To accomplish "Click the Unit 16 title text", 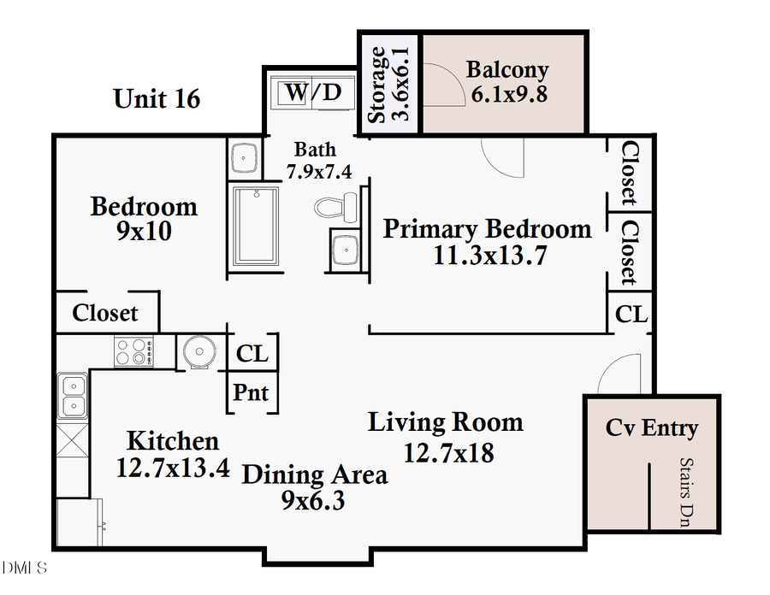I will (x=157, y=98).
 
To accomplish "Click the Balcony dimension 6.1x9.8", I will (x=509, y=94).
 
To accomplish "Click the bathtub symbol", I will (x=255, y=225).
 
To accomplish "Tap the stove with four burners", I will (x=134, y=352).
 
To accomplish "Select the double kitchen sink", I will (x=73, y=396).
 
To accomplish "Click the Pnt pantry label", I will (x=252, y=393).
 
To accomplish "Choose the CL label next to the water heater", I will (x=252, y=352).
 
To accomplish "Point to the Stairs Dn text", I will (x=685, y=492).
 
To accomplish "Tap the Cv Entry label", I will (x=652, y=427).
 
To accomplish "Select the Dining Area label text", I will (x=314, y=474).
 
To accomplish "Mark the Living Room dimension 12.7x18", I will (x=448, y=452).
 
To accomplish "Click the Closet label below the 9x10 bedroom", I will (x=105, y=313).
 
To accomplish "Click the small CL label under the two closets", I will (x=631, y=314).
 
